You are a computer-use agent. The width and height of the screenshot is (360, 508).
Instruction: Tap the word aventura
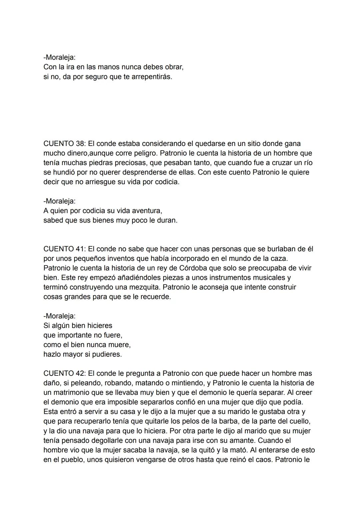tap(147, 211)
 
